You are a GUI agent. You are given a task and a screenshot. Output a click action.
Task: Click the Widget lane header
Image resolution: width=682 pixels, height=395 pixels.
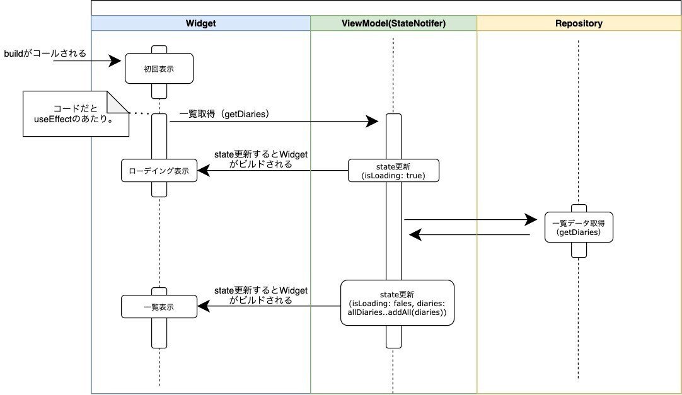coord(201,23)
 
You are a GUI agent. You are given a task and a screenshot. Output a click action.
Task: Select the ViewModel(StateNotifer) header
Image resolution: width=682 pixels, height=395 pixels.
coord(393,23)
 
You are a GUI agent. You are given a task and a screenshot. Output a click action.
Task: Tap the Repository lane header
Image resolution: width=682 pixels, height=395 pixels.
coord(579,23)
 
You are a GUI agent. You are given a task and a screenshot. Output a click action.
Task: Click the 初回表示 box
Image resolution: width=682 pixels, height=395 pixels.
coord(159,69)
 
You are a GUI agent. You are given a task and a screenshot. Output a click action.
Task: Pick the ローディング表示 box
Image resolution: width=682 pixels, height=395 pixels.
coord(159,171)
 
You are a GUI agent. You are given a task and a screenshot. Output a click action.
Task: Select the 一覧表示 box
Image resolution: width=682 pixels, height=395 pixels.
coord(159,307)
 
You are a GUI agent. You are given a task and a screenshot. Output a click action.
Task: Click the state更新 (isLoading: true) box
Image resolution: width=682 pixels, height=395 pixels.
coord(393,171)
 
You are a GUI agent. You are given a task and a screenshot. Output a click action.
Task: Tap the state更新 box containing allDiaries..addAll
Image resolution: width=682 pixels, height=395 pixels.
coord(397,302)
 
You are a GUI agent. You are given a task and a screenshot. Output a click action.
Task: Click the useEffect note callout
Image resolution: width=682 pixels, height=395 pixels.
coord(76,113)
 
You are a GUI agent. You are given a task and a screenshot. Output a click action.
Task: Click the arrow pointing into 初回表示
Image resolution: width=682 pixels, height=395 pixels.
coord(88,61)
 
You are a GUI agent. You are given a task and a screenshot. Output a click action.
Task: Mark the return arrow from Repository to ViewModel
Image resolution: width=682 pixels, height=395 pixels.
coord(470,235)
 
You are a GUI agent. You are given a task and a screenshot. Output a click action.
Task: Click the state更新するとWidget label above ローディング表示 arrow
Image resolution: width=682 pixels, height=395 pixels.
coord(261,159)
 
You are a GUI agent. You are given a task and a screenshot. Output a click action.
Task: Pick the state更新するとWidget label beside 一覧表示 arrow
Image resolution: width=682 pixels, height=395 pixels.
coord(261,295)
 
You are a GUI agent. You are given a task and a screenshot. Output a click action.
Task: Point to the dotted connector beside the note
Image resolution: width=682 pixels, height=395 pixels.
coord(140,114)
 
